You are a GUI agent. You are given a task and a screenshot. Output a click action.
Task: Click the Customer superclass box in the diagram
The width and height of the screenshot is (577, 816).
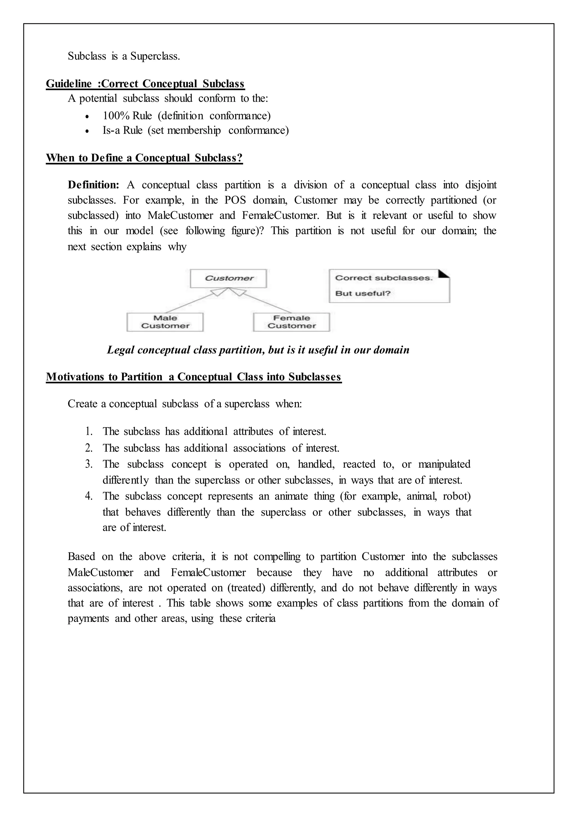(x=228, y=278)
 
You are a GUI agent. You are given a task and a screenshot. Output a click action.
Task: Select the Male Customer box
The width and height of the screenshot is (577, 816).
(x=165, y=322)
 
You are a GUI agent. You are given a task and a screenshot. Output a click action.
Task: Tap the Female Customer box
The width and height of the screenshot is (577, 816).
(x=291, y=322)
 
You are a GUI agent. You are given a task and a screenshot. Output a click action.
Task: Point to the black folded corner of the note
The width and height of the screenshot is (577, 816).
(x=445, y=274)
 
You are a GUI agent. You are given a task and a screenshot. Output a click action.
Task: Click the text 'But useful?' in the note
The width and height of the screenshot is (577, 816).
(x=363, y=294)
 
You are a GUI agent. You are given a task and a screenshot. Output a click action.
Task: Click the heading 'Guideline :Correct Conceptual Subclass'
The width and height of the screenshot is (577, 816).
(x=145, y=84)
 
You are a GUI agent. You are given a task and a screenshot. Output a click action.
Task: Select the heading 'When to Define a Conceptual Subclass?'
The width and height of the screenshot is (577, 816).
(x=144, y=158)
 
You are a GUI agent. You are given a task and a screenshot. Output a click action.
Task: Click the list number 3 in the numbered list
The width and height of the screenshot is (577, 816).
(x=88, y=464)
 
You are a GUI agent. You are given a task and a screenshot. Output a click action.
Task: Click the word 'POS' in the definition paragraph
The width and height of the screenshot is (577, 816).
(x=235, y=200)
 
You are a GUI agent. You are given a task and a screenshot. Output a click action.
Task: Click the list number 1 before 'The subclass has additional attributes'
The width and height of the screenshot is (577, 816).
(x=88, y=431)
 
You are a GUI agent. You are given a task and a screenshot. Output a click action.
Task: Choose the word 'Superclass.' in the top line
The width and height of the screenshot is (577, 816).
(x=155, y=56)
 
